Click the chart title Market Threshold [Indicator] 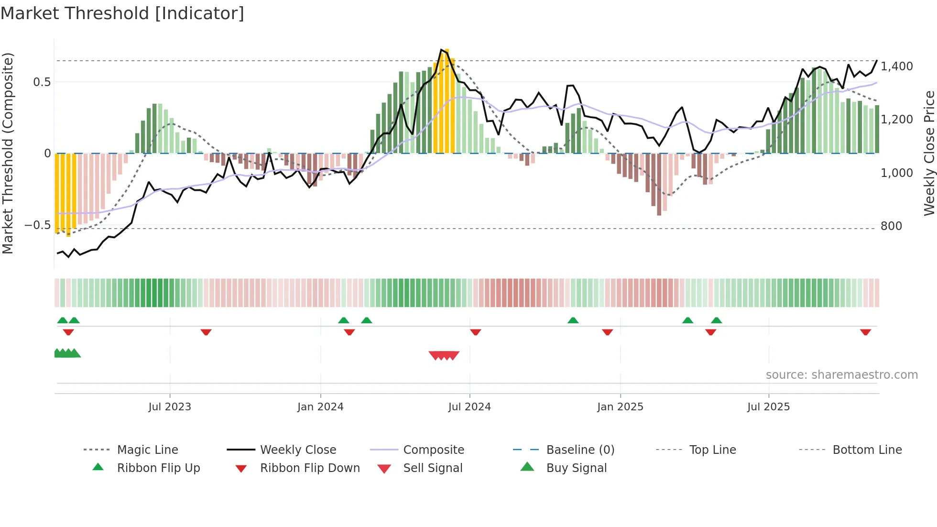coord(122,13)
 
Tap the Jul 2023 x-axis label coord(169,407)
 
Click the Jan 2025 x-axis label coord(620,407)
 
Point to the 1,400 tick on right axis coord(896,66)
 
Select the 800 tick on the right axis coord(891,226)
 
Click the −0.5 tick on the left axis coord(38,225)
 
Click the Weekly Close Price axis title coord(929,153)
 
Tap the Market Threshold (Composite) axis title coord(8,153)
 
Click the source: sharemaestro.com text coord(841,375)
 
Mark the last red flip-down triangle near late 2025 coord(865,332)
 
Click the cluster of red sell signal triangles coord(444,355)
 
